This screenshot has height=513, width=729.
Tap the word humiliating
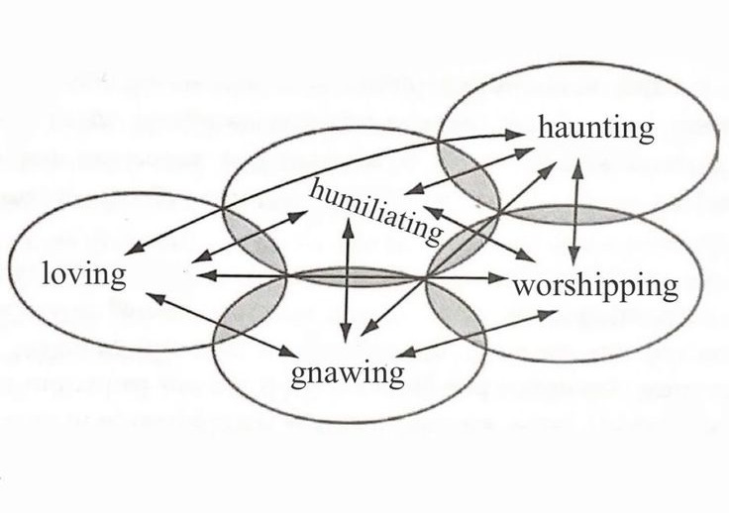click(373, 207)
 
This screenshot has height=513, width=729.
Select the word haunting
click(596, 128)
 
